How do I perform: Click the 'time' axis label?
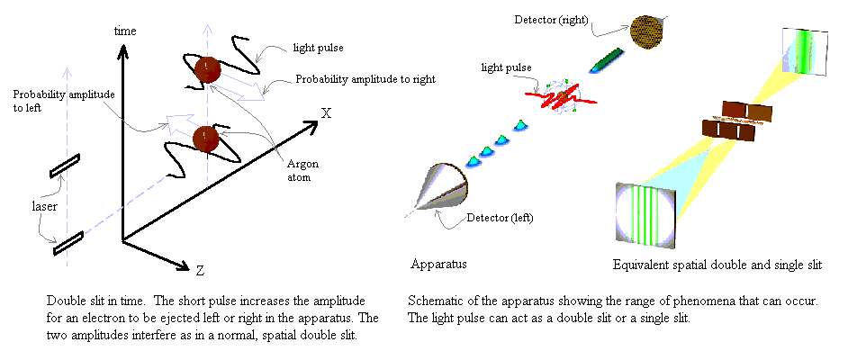pyautogui.click(x=125, y=31)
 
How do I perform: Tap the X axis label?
pyautogui.click(x=327, y=114)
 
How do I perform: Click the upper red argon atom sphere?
pyautogui.click(x=208, y=69)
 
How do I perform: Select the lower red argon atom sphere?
pyautogui.click(x=205, y=138)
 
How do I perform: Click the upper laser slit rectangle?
pyautogui.click(x=65, y=165)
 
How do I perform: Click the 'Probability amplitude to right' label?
pyautogui.click(x=365, y=79)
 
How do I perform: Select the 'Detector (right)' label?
pyautogui.click(x=546, y=20)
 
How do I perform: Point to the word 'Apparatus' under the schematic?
pyautogui.click(x=439, y=265)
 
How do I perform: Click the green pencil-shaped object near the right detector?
pyautogui.click(x=605, y=61)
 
